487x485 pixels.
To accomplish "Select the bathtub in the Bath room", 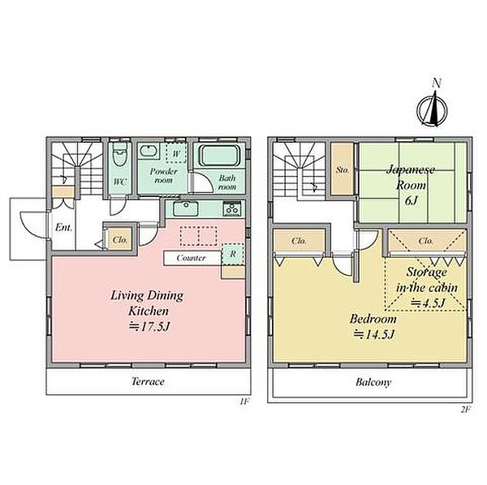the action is pos(220,156).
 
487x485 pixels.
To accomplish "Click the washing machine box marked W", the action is pos(176,153).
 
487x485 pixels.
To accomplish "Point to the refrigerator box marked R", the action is pos(233,254).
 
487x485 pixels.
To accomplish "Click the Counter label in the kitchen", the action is pos(191,258).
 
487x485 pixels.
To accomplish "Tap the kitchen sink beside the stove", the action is pos(186,208).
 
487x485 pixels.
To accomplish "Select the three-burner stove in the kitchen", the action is pos(232,208).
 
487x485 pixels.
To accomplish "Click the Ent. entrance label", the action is pos(63,228).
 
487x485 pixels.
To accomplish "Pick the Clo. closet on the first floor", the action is pos(120,239).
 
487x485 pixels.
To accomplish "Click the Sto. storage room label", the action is pos(343,170).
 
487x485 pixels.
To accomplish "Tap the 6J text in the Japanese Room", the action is pos(411,201).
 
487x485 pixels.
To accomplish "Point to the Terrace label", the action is pos(148,381).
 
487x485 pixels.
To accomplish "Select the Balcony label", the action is pos(373,382).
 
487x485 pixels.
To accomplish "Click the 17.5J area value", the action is pos(149,327).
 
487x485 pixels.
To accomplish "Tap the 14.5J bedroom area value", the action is pos(374,334).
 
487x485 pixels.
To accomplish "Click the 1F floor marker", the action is pos(244,401).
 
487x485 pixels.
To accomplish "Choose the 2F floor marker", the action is pos(466,410).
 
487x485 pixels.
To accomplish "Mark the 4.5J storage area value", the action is pos(429,303).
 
